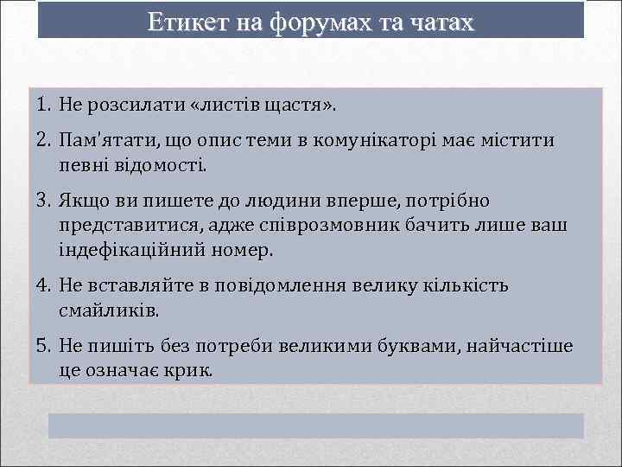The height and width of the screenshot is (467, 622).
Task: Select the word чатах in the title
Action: (439, 22)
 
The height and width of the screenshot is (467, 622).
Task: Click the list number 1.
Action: (45, 106)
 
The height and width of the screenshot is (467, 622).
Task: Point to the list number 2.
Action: (45, 140)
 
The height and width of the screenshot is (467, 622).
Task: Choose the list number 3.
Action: (45, 201)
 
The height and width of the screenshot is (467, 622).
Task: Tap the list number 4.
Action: (45, 285)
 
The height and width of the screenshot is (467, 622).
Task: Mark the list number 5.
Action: (45, 346)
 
